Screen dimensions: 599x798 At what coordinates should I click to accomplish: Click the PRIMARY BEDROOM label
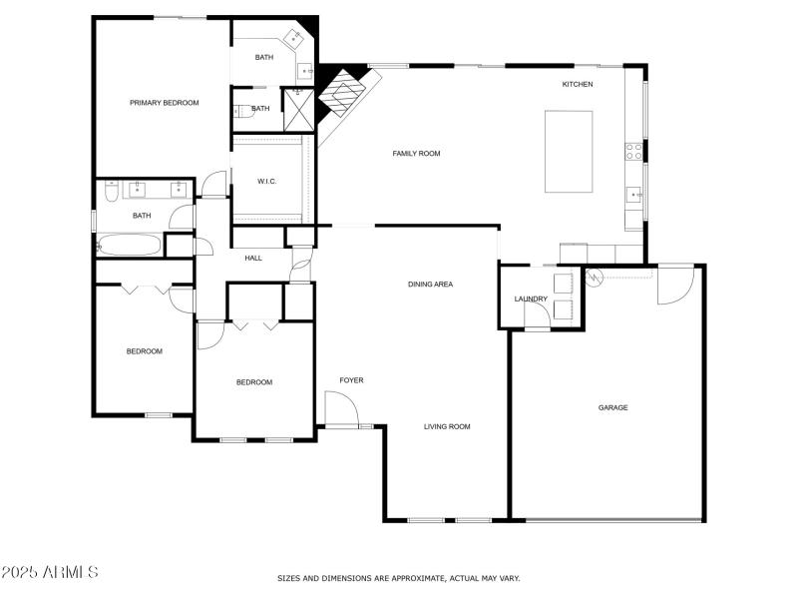(164, 103)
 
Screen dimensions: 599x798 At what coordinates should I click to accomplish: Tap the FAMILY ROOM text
(416, 154)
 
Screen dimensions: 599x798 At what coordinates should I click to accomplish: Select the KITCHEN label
(578, 84)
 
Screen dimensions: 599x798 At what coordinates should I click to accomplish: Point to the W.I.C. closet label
(266, 182)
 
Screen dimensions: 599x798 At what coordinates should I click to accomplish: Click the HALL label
(253, 259)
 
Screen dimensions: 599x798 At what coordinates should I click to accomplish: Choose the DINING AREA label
(430, 285)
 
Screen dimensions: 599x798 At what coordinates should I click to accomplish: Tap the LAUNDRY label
(531, 299)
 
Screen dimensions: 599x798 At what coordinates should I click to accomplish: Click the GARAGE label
(612, 407)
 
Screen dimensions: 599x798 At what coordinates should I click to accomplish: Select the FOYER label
(351, 380)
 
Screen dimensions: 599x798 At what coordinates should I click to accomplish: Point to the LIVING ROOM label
(447, 426)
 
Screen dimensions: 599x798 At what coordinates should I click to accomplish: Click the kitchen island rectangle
(568, 151)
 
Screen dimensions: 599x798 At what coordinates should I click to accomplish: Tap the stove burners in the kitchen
(632, 152)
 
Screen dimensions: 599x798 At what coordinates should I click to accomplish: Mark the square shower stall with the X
(297, 110)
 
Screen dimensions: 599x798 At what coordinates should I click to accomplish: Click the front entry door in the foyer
(339, 409)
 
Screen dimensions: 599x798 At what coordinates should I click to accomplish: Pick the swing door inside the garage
(674, 286)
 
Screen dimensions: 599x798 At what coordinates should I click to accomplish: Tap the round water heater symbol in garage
(595, 278)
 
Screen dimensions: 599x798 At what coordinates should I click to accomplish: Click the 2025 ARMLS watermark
(50, 572)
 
